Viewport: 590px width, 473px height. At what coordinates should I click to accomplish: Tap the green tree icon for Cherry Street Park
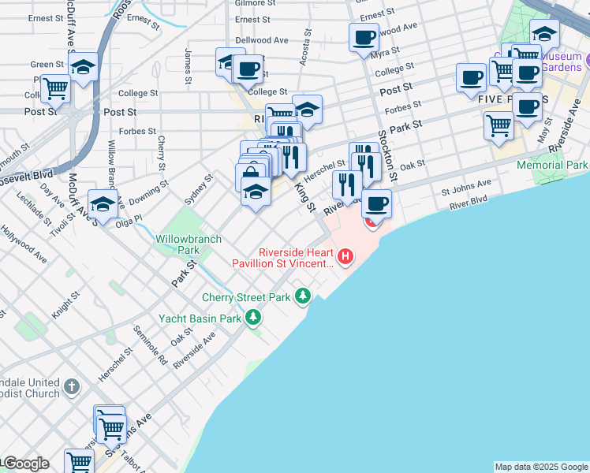pyautogui.click(x=303, y=297)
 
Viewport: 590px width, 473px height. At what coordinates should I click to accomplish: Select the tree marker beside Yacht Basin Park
pyautogui.click(x=253, y=318)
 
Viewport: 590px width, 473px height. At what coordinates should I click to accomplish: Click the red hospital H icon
pyautogui.click(x=345, y=257)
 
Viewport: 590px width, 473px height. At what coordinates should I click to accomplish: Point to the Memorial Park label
pyautogui.click(x=552, y=165)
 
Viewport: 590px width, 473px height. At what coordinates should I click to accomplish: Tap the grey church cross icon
pyautogui.click(x=72, y=387)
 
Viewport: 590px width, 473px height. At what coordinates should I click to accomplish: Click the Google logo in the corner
pyautogui.click(x=25, y=464)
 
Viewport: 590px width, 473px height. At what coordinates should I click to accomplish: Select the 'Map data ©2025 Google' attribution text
pyautogui.click(x=540, y=467)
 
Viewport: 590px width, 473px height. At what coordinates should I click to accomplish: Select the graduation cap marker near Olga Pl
pyautogui.click(x=103, y=204)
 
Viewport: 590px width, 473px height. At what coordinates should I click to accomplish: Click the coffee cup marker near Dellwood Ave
pyautogui.click(x=364, y=37)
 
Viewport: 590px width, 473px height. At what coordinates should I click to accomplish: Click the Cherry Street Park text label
pyautogui.click(x=246, y=298)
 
